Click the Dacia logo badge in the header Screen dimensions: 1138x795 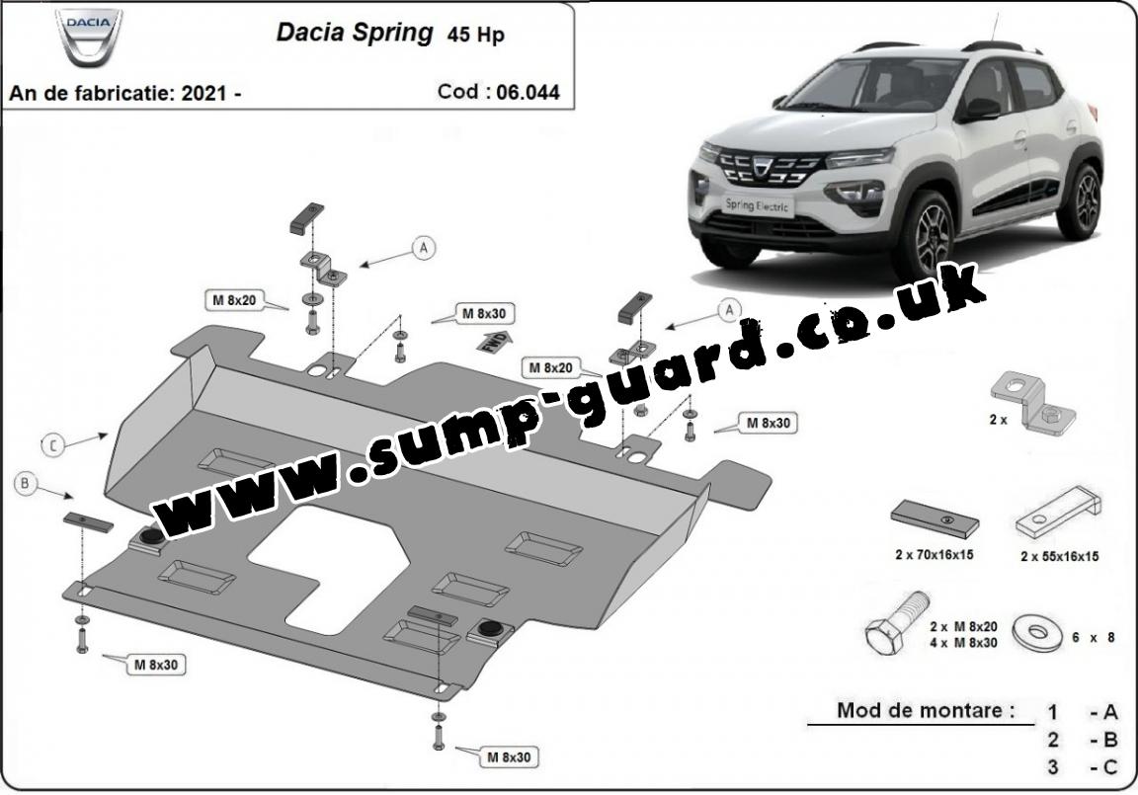click(x=89, y=39)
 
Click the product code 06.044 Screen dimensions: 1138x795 click(x=528, y=92)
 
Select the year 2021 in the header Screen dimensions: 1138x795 click(x=203, y=93)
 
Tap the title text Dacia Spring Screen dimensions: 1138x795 click(x=355, y=33)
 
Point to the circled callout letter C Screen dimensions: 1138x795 click(x=52, y=444)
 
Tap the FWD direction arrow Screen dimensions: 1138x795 click(x=494, y=340)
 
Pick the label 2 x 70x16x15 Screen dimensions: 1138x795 click(x=935, y=555)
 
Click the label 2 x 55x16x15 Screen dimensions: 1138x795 click(x=1059, y=556)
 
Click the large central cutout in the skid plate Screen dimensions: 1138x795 click(x=329, y=566)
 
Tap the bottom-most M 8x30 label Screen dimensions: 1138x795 click(x=509, y=757)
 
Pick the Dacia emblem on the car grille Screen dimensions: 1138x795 click(x=766, y=168)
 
